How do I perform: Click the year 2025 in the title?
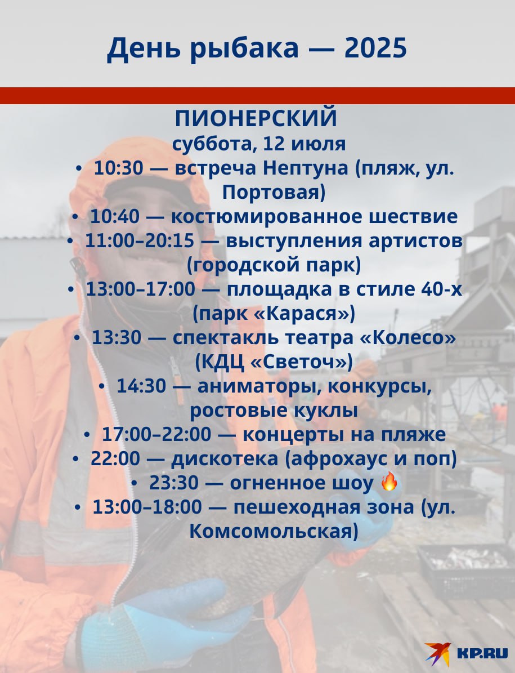[x=375, y=48]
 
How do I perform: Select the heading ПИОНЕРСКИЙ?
[x=256, y=118]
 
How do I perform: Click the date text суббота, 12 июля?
[x=259, y=144]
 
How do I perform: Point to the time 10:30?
[x=118, y=168]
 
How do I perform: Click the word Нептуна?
[x=305, y=168]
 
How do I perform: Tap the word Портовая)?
[x=274, y=193]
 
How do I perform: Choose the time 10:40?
[x=114, y=216]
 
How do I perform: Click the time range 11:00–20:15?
[x=140, y=240]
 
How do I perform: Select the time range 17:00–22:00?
[x=156, y=435]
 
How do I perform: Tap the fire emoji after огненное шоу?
[x=389, y=482]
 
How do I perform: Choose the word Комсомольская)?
[x=274, y=532]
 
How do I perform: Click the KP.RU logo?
[x=467, y=653]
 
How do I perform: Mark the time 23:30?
[x=174, y=483]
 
